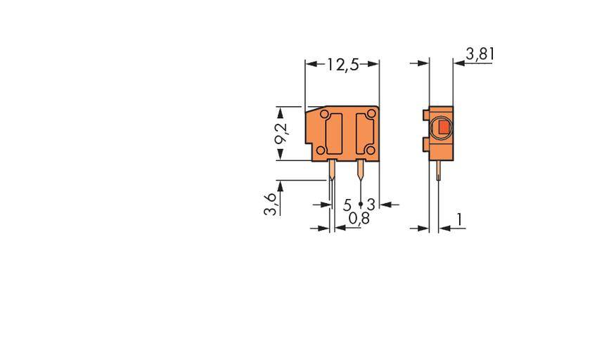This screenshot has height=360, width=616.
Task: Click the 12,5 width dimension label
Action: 342,65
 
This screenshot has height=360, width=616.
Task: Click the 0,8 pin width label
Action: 359,219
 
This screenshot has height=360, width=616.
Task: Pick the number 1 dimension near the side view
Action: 459,219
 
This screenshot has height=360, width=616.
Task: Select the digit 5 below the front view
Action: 347,205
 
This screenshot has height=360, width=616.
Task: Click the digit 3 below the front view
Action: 371,205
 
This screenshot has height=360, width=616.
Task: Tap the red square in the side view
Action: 444,128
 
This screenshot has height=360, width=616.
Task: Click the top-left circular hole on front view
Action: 323,114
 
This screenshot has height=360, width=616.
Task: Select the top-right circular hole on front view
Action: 371,114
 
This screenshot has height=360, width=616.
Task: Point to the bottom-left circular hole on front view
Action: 320,150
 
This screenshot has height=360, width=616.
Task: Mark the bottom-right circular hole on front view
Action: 369,150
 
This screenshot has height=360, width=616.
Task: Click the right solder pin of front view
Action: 361,169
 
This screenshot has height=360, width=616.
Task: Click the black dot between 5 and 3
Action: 360,204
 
